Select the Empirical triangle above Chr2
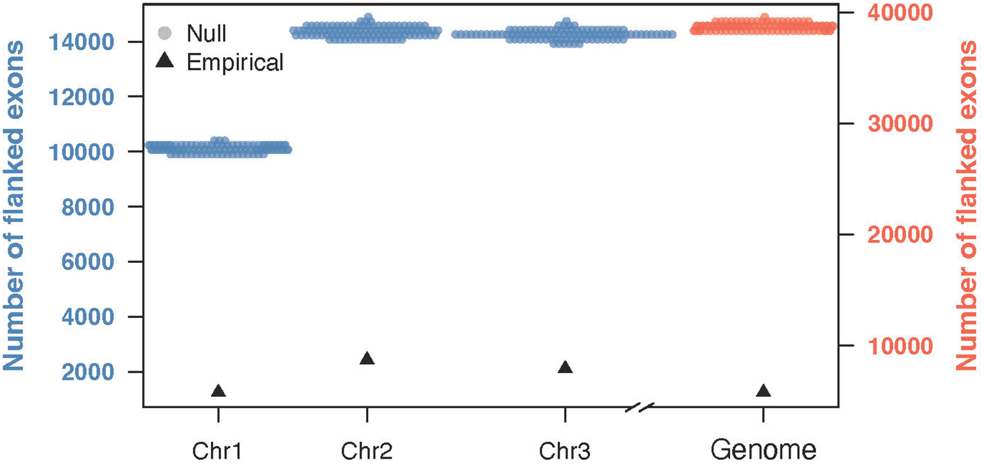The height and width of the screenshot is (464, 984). pyautogui.click(x=367, y=358)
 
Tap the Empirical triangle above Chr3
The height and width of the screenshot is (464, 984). pyautogui.click(x=565, y=367)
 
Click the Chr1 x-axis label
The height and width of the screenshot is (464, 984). pyautogui.click(x=218, y=449)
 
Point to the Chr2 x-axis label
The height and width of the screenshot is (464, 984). pyautogui.click(x=366, y=449)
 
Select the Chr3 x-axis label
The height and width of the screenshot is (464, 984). pyautogui.click(x=565, y=449)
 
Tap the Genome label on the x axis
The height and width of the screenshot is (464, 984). pyautogui.click(x=763, y=449)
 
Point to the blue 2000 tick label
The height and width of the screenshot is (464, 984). pyautogui.click(x=95, y=373)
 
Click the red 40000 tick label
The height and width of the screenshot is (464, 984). pyautogui.click(x=878, y=13)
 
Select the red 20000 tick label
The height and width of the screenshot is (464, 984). pyautogui.click(x=878, y=235)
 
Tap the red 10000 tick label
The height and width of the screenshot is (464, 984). pyautogui.click(x=878, y=346)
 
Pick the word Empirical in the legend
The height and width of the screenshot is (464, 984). pyautogui.click(x=235, y=63)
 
